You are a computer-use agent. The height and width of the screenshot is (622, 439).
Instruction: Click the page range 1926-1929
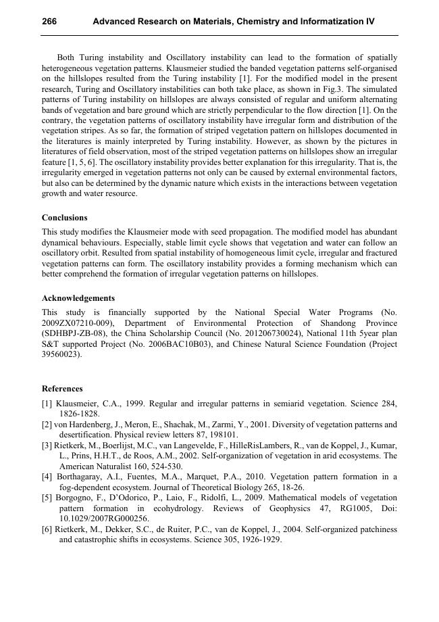coord(257,540)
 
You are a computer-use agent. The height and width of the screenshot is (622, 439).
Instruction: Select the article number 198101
coord(222,435)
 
